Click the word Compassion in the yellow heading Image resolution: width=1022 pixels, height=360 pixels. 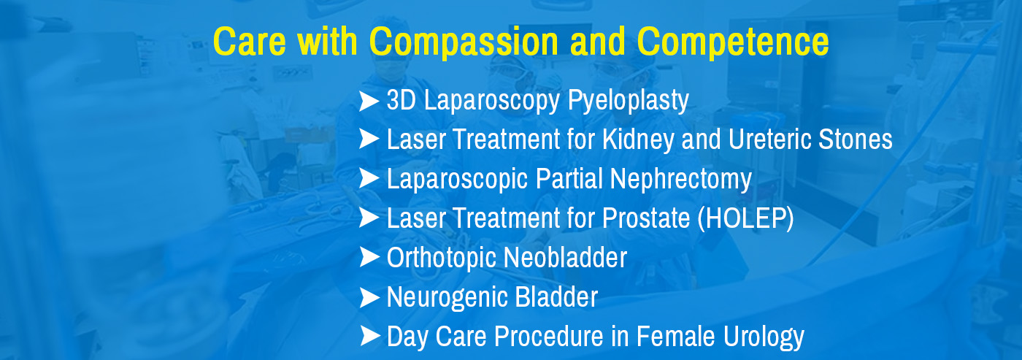(x=464, y=42)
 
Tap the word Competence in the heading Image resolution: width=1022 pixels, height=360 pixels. (x=733, y=42)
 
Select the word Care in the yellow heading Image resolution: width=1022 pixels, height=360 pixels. (x=250, y=42)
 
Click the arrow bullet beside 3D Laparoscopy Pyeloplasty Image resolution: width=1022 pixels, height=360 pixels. (x=369, y=101)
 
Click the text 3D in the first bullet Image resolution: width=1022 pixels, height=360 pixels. (x=401, y=100)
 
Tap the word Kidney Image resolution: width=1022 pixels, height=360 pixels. (x=638, y=139)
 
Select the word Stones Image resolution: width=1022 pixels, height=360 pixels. (x=856, y=139)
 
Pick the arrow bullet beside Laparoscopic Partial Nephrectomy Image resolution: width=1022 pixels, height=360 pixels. (x=369, y=178)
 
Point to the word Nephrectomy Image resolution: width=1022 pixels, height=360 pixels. (x=680, y=180)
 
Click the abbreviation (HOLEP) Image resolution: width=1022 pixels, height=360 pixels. (x=746, y=218)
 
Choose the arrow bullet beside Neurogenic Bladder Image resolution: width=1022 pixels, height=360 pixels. (x=369, y=297)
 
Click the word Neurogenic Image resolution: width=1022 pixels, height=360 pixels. (x=447, y=298)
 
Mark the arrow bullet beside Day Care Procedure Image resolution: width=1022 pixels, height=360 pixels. (x=369, y=337)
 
